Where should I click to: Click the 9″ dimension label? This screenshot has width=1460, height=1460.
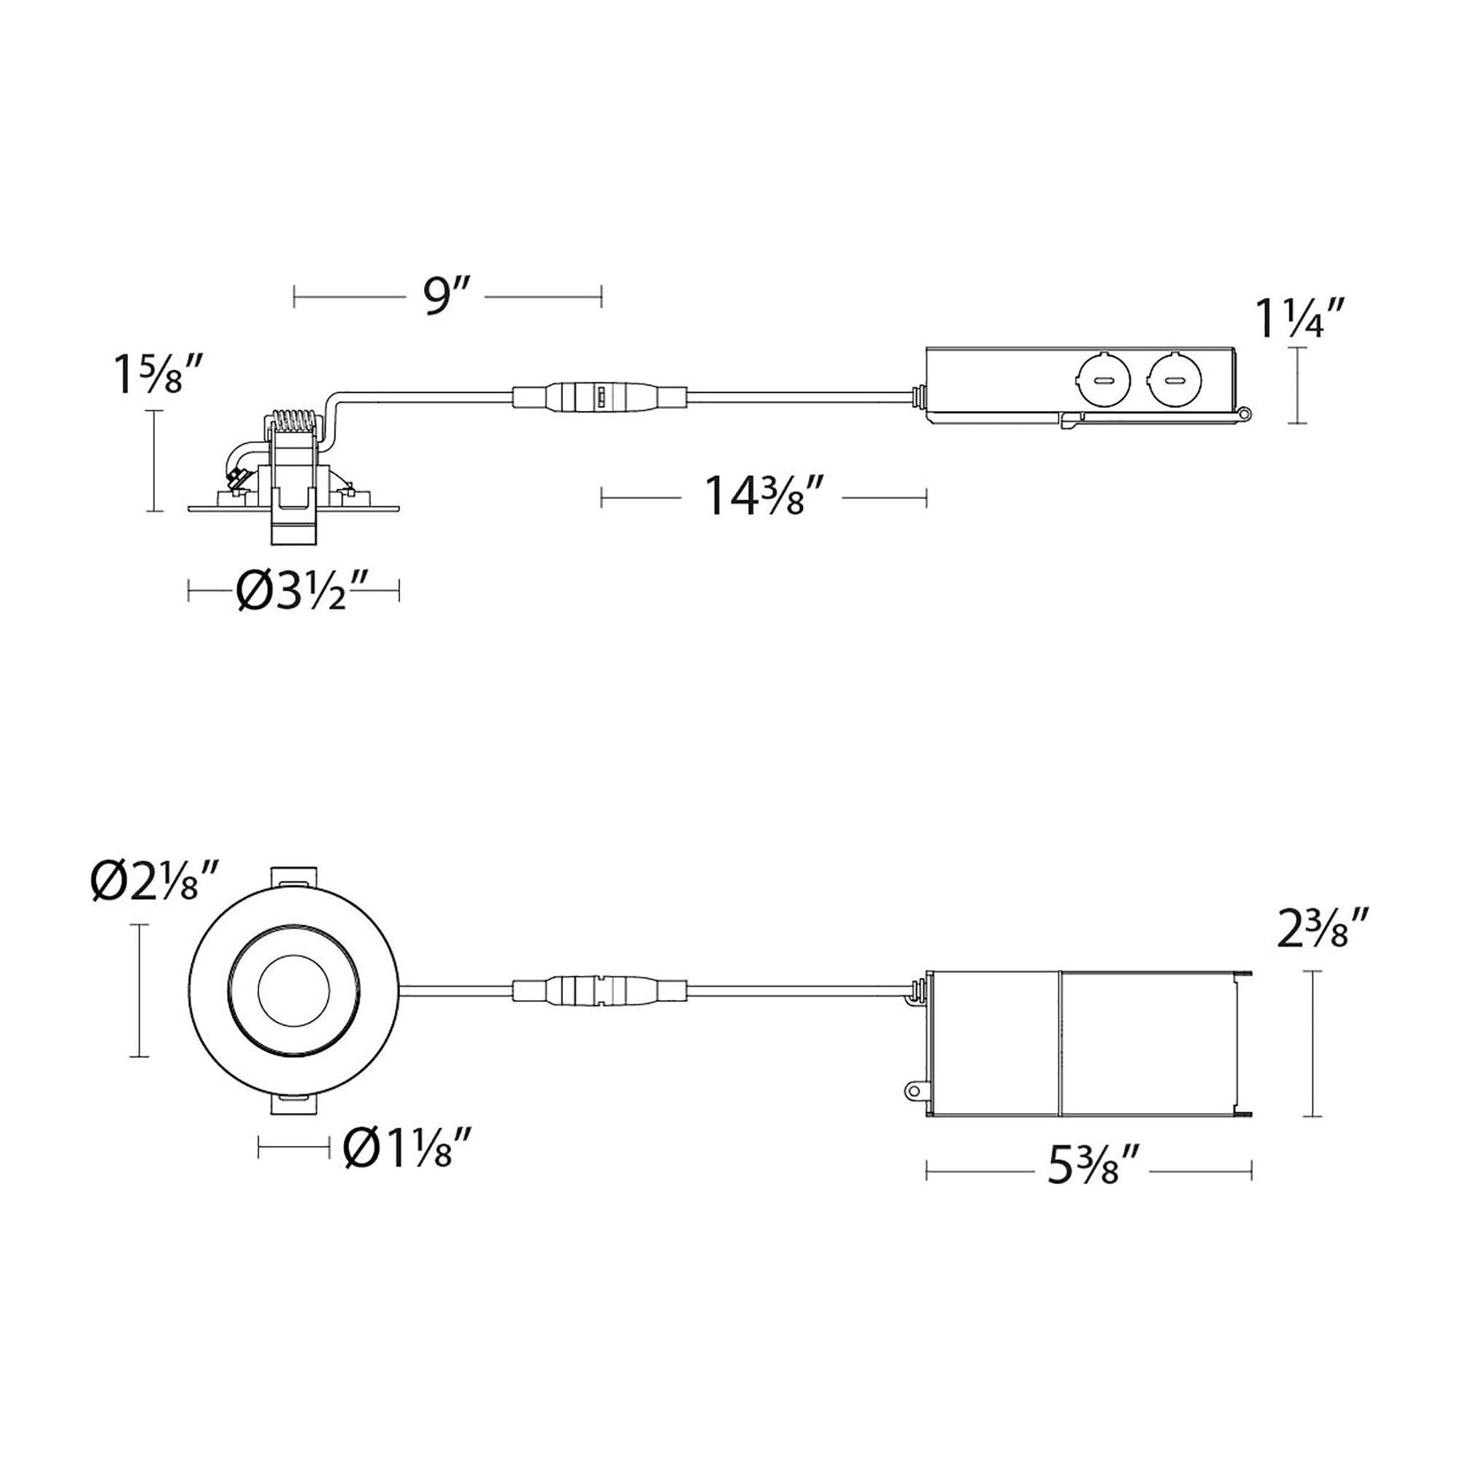[446, 299]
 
